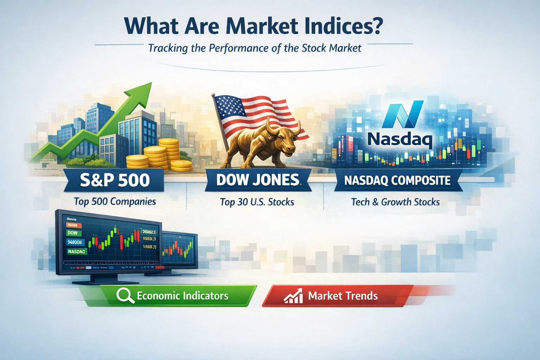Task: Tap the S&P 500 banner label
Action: (x=115, y=180)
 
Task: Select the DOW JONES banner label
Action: (x=258, y=180)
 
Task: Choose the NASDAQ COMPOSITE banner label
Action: (x=397, y=180)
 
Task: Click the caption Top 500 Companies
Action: (x=115, y=201)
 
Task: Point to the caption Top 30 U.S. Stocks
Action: (x=257, y=202)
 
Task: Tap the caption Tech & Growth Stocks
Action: (x=395, y=202)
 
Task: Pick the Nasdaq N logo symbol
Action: (x=403, y=114)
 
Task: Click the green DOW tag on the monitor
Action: (x=73, y=233)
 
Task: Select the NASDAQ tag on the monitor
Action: (x=77, y=251)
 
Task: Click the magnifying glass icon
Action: (x=125, y=295)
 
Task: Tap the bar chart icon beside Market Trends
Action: (x=293, y=296)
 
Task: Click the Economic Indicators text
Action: (x=182, y=296)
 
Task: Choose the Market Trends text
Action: (x=343, y=296)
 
